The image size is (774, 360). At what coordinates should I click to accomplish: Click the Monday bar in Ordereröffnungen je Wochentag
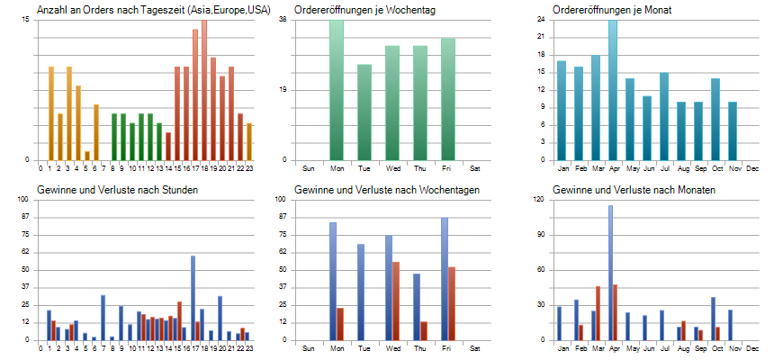[x=337, y=90]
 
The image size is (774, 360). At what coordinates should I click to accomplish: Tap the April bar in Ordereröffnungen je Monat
[x=613, y=90]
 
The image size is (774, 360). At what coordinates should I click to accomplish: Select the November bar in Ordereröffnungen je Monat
[x=733, y=130]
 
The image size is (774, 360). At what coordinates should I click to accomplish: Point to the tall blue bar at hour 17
[x=193, y=297]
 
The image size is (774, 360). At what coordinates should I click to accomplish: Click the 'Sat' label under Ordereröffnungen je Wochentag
[x=475, y=167]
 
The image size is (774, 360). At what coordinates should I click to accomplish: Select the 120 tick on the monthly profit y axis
[x=542, y=200]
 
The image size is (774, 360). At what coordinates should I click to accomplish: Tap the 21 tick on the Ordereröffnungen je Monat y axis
[x=542, y=37]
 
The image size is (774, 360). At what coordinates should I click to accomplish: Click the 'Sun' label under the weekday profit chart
[x=308, y=347]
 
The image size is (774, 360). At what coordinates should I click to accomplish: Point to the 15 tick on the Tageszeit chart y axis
[x=27, y=20]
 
